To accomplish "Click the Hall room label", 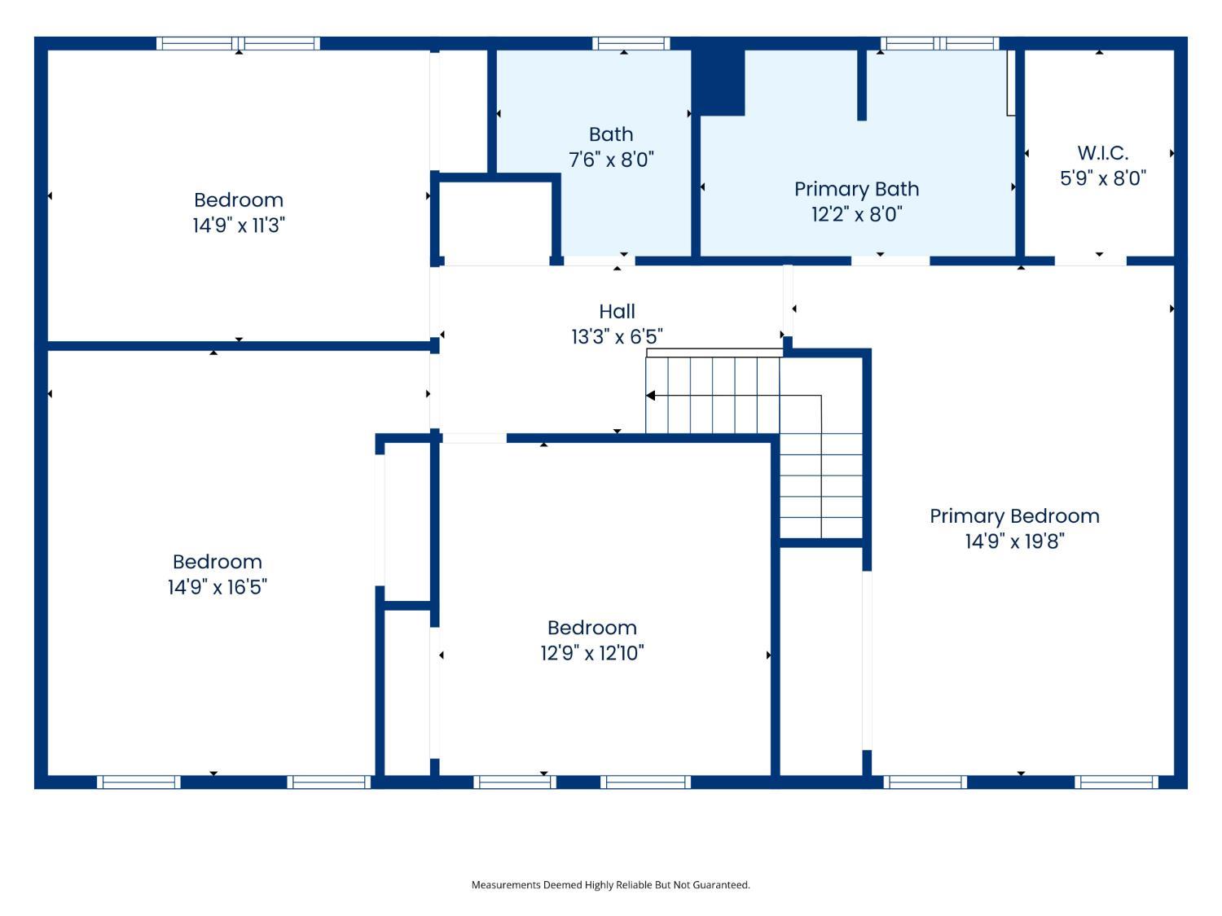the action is point(617,312).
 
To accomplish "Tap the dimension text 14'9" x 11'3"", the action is point(239,226).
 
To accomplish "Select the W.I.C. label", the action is point(1103,153).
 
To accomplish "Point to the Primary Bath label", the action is point(856,189).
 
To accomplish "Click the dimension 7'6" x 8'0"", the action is point(611,160).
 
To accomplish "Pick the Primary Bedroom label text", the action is point(1014,517).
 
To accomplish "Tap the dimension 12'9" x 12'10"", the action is point(592,653).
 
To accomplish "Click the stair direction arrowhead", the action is point(650,396).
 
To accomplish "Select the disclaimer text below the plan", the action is point(611,885).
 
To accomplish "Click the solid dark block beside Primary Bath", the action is point(719,82).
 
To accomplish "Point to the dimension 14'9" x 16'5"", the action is point(218,587).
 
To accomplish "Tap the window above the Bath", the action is point(631,43).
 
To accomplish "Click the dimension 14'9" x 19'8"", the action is point(1015,541).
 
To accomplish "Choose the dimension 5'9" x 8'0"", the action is point(1103,178).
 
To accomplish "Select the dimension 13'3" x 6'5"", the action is point(617,336).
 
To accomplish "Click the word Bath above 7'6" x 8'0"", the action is point(611,134).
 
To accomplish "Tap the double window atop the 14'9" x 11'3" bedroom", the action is point(238,43).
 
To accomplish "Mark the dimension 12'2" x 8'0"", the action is point(856,214).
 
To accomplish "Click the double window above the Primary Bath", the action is point(940,43).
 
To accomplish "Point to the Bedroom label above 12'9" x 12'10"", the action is point(592,628).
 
